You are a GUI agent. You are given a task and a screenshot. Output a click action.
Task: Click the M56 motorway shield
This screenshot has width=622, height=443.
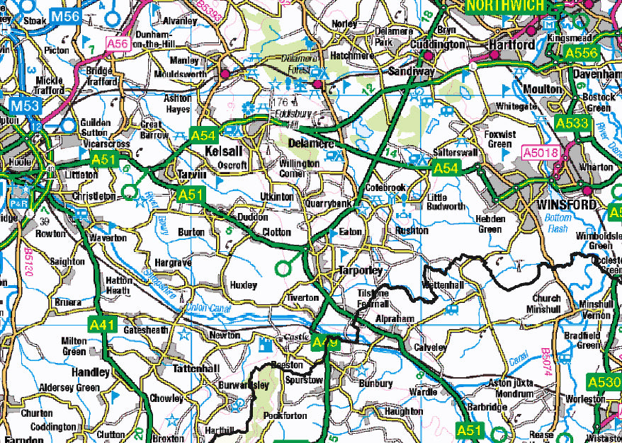click(67, 16)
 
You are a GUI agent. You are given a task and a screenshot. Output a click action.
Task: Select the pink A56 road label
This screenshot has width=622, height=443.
click(118, 44)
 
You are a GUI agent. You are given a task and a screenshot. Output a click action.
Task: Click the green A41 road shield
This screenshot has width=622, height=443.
click(103, 325)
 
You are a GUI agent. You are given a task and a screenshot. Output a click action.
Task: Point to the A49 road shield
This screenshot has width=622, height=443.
click(325, 343)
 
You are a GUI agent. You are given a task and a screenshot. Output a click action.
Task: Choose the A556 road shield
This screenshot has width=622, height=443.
click(582, 52)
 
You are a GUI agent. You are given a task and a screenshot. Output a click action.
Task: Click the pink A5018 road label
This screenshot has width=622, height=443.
click(541, 151)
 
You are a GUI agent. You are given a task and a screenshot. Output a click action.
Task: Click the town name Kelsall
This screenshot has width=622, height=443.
click(223, 151)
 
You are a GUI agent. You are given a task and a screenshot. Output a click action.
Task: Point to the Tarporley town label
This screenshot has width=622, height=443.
click(360, 271)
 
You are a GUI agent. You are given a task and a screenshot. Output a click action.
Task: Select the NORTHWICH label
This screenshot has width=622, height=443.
click(505, 6)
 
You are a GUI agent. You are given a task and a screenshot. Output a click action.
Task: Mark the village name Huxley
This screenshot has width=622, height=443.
click(244, 285)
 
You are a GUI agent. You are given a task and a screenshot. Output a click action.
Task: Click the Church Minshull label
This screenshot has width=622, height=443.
click(545, 304)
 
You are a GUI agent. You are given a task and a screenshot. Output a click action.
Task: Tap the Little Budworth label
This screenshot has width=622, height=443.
click(447, 202)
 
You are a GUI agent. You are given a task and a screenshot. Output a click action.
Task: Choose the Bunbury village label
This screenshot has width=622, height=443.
click(375, 384)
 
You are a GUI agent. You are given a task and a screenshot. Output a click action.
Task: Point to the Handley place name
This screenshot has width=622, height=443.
click(90, 372)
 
